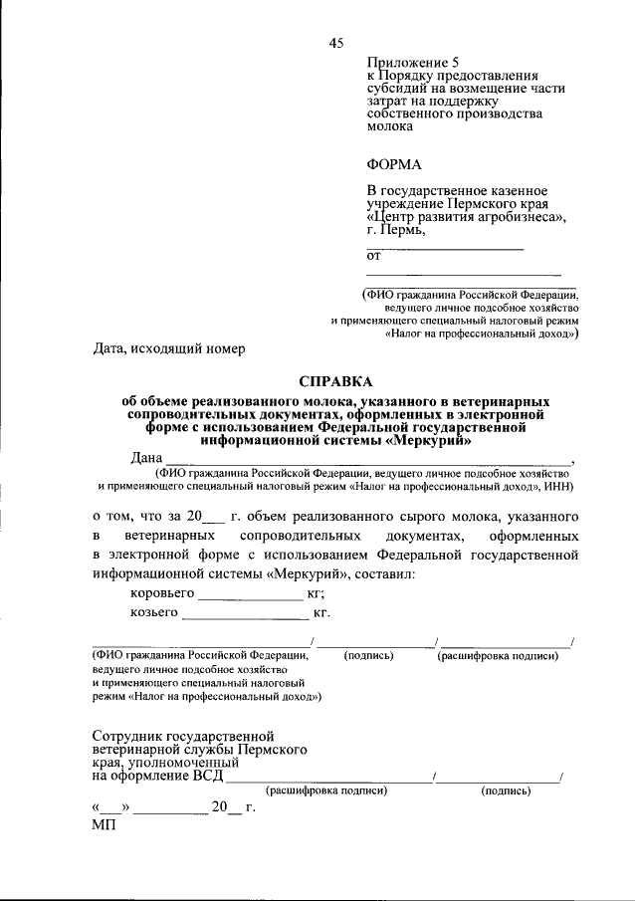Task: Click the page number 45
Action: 335,42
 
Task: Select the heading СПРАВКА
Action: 335,381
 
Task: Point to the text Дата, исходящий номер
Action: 168,348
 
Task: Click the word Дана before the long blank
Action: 148,458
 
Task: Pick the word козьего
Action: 154,612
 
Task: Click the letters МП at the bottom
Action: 104,825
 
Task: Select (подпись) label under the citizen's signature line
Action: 368,655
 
